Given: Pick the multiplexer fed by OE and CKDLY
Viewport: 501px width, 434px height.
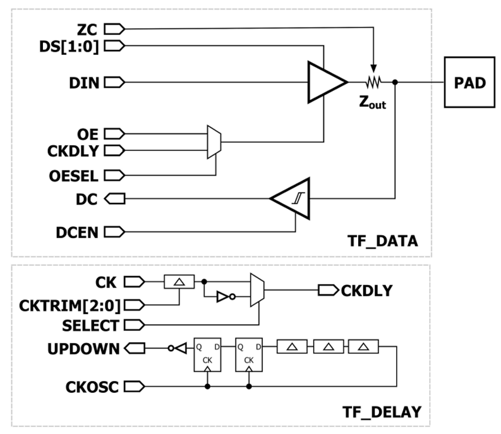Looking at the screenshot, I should pyautogui.click(x=213, y=142).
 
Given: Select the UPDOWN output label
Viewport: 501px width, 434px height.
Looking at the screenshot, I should pyautogui.click(x=83, y=347).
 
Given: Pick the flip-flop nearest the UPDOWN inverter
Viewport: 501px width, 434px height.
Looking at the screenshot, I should pyautogui.click(x=207, y=355).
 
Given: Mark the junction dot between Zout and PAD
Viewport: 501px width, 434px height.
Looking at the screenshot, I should pyautogui.click(x=395, y=82).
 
